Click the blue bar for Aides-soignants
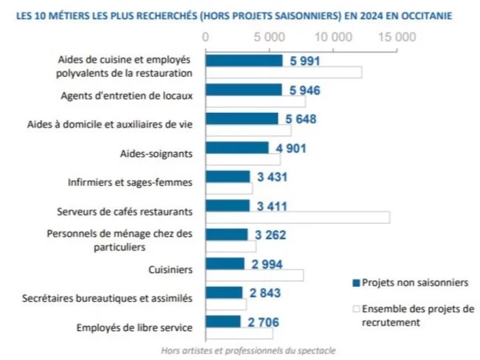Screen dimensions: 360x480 236,148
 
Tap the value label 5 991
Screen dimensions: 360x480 304,60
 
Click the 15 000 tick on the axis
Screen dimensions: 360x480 397,36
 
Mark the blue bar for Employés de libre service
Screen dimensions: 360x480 223,321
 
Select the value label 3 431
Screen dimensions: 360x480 272,176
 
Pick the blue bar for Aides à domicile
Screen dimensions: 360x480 241,119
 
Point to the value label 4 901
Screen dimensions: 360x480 291,148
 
